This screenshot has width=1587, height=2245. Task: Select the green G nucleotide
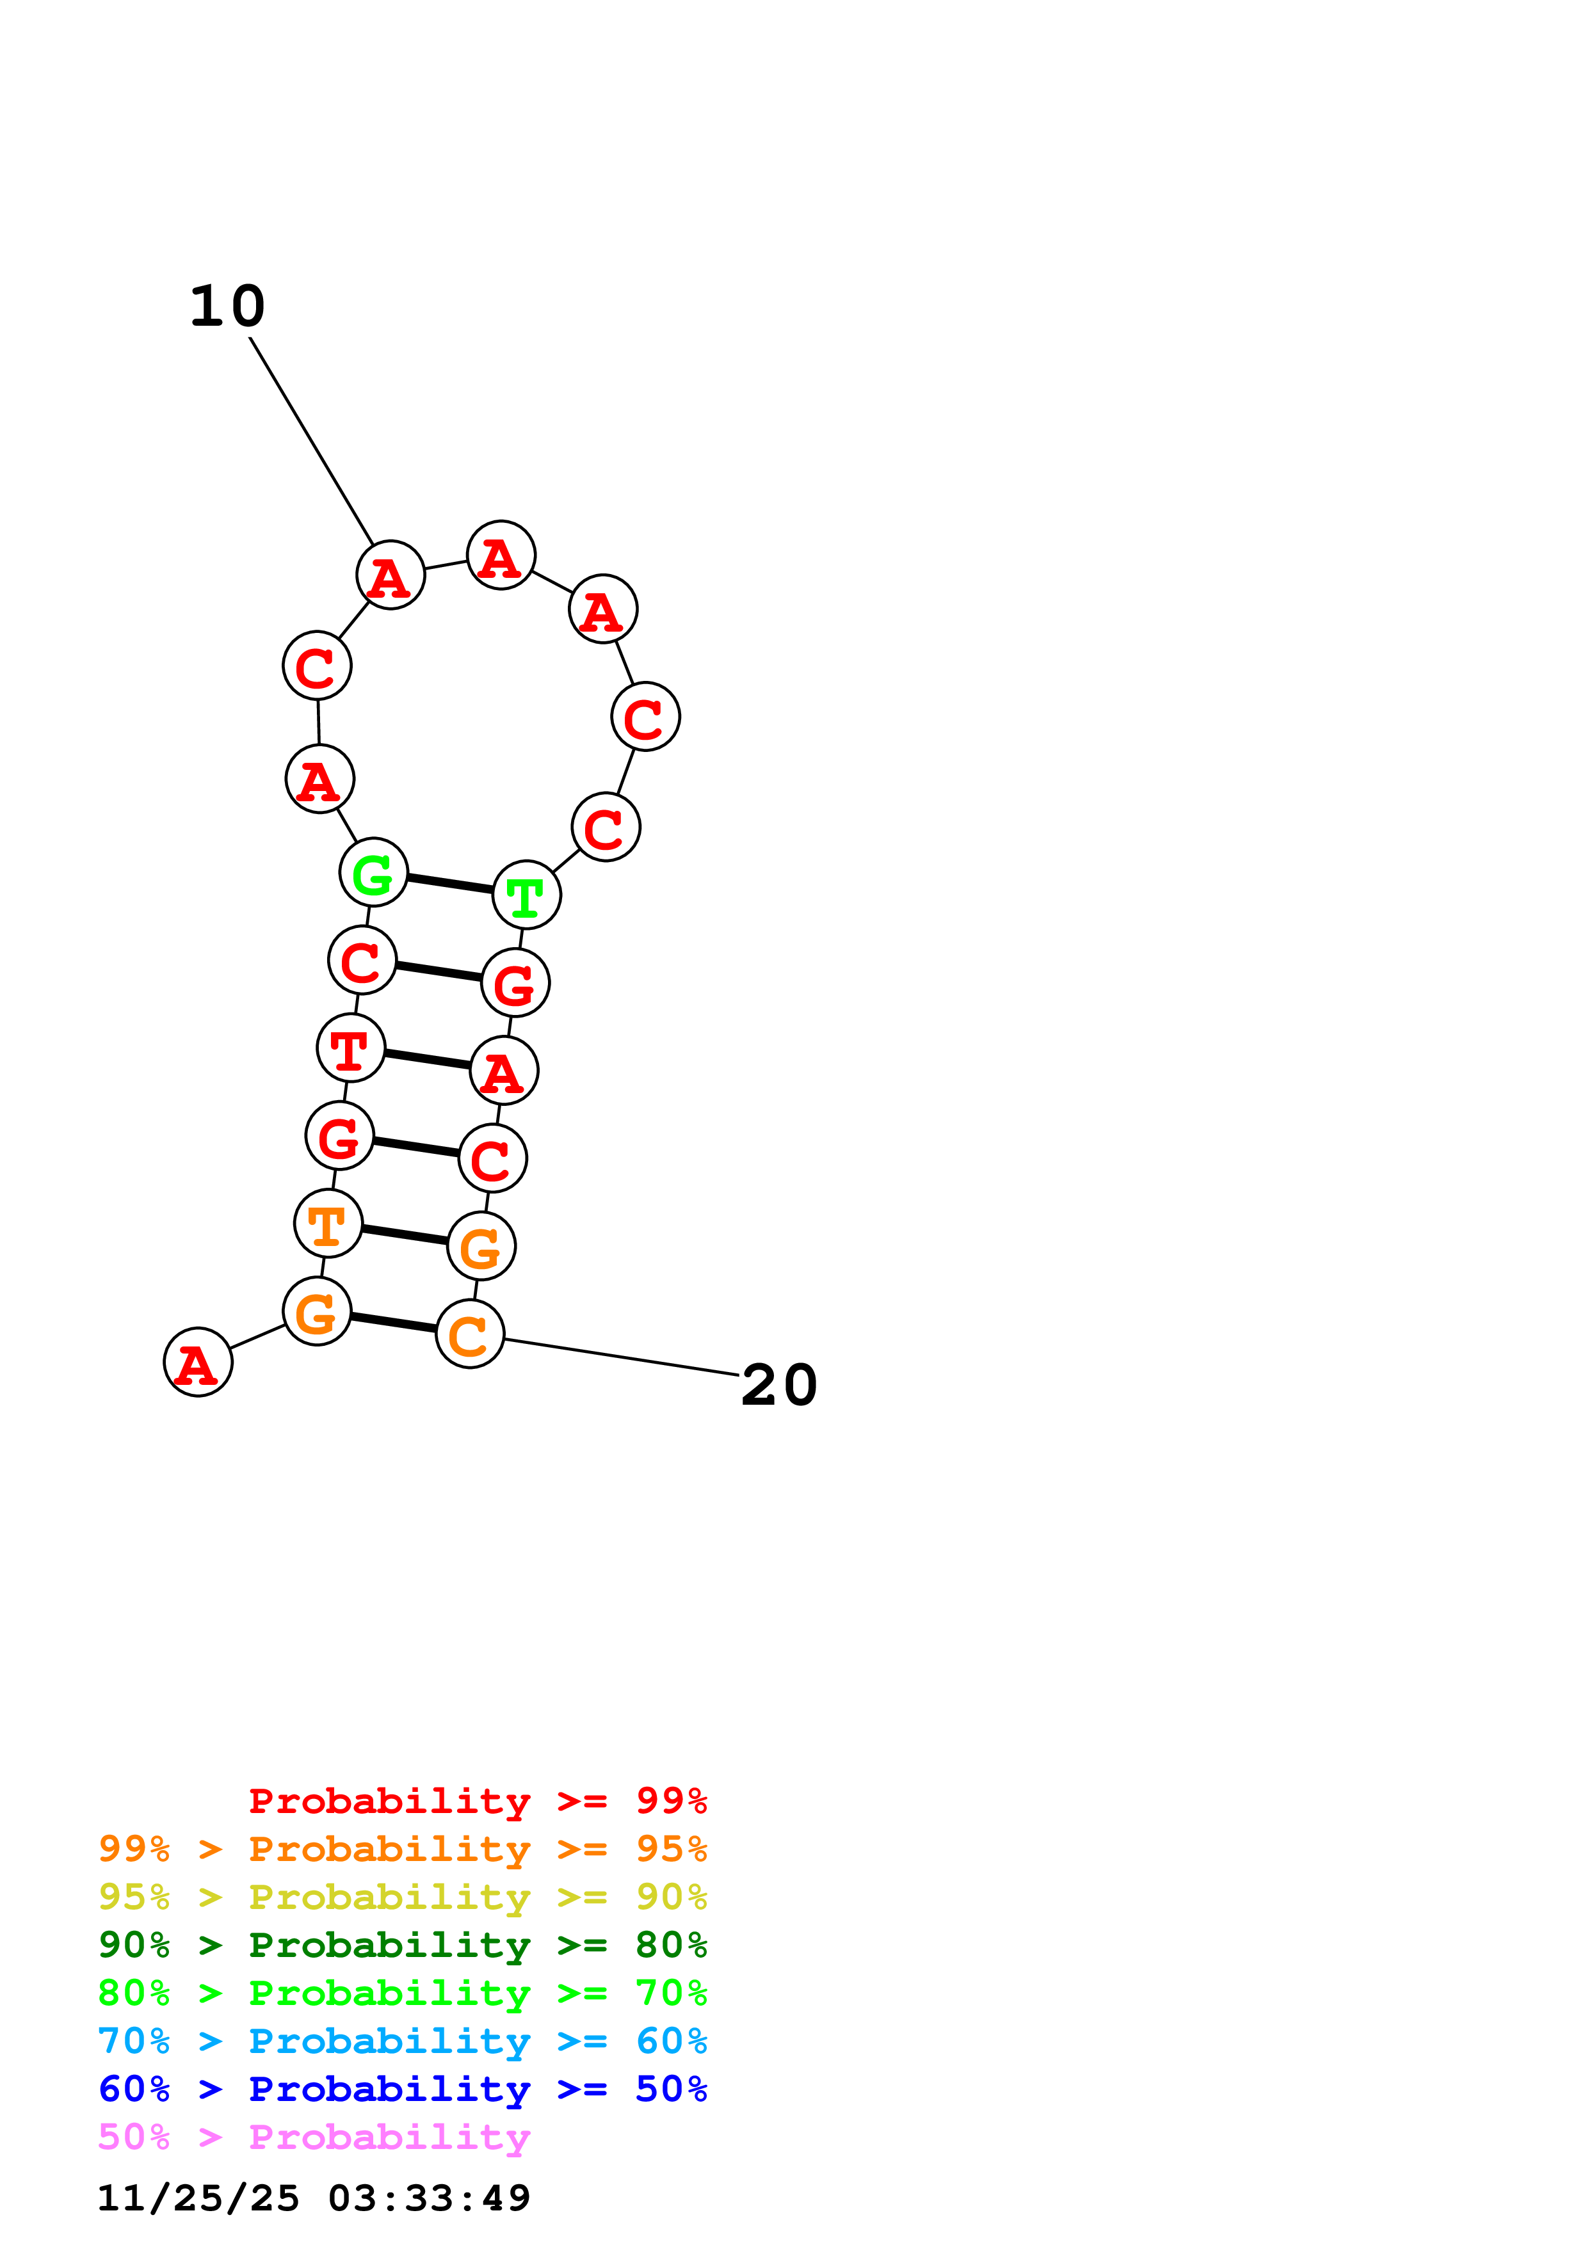[373, 873]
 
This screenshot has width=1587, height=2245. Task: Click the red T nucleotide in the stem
[350, 1049]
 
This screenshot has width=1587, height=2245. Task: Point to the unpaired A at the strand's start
[198, 1363]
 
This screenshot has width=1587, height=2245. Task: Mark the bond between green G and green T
[450, 884]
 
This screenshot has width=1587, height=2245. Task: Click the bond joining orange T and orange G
[404, 1236]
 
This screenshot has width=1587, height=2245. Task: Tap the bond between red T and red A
[426, 1060]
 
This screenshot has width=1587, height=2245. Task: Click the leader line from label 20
[622, 1357]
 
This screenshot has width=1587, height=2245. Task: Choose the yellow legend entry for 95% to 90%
[402, 1898]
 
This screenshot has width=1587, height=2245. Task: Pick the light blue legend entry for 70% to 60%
[402, 2041]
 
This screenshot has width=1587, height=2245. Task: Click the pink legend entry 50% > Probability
[314, 2137]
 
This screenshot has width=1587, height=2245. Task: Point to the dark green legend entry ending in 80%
[402, 1945]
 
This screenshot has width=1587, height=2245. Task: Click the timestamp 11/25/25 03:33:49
[314, 2199]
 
